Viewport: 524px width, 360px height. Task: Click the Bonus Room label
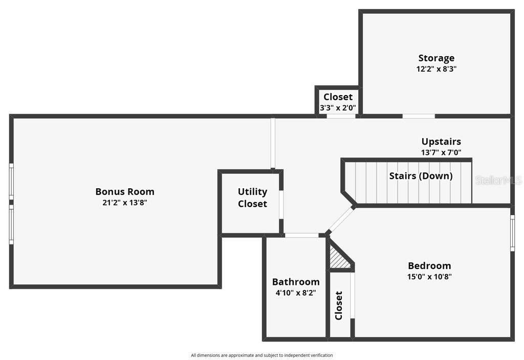pyautogui.click(x=125, y=191)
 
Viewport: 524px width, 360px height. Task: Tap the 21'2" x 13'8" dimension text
pyautogui.click(x=125, y=202)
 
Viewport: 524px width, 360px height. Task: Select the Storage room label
pyautogui.click(x=436, y=58)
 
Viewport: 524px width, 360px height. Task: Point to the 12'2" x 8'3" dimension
pyautogui.click(x=436, y=69)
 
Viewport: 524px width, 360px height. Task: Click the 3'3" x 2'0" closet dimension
pyautogui.click(x=338, y=108)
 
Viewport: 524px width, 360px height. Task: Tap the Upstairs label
pyautogui.click(x=441, y=142)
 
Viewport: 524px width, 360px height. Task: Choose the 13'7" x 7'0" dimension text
pyautogui.click(x=441, y=152)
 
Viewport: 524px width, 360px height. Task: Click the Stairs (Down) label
pyautogui.click(x=421, y=176)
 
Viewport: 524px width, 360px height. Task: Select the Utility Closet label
pyautogui.click(x=252, y=197)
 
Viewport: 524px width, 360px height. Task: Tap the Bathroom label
pyautogui.click(x=296, y=282)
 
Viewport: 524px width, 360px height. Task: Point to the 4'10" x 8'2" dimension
pyautogui.click(x=296, y=293)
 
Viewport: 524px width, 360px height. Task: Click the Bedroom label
pyautogui.click(x=429, y=265)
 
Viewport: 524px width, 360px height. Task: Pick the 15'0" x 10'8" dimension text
pyautogui.click(x=429, y=277)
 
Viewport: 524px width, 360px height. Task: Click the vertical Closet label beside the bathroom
pyautogui.click(x=339, y=306)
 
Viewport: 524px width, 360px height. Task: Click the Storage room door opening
pyautogui.click(x=419, y=116)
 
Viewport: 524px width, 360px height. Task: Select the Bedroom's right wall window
pyautogui.click(x=512, y=233)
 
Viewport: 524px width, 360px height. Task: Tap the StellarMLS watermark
pyautogui.click(x=498, y=181)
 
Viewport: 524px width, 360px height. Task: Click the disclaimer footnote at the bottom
pyautogui.click(x=261, y=355)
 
